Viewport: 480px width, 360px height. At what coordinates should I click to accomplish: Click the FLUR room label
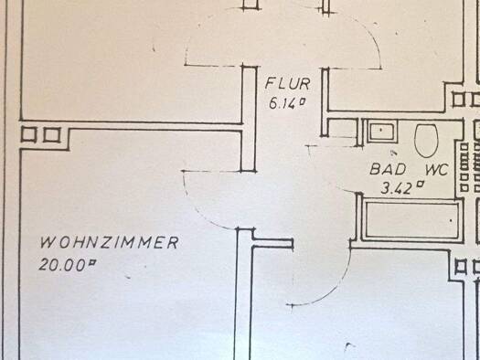(x=287, y=84)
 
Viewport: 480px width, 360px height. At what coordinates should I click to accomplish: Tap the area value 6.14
(x=283, y=103)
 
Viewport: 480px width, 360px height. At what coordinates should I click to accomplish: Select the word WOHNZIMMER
(x=110, y=242)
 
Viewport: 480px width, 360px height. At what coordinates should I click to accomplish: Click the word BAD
(x=389, y=169)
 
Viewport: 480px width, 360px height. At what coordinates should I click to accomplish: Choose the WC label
(x=436, y=170)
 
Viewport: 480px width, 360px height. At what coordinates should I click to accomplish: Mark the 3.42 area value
(x=396, y=188)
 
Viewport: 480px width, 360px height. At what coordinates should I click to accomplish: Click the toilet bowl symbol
(x=426, y=141)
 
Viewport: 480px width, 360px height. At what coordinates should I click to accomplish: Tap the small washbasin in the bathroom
(x=382, y=132)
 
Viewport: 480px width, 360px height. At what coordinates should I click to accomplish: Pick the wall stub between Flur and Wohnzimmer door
(x=249, y=119)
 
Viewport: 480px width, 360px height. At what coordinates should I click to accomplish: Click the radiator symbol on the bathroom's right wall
(x=464, y=166)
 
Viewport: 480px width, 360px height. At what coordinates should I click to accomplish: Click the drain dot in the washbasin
(x=381, y=130)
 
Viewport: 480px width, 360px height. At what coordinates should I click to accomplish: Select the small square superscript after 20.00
(x=91, y=262)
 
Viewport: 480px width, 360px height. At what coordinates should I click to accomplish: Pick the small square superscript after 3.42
(x=421, y=184)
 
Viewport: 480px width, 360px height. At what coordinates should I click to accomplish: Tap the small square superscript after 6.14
(x=302, y=101)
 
